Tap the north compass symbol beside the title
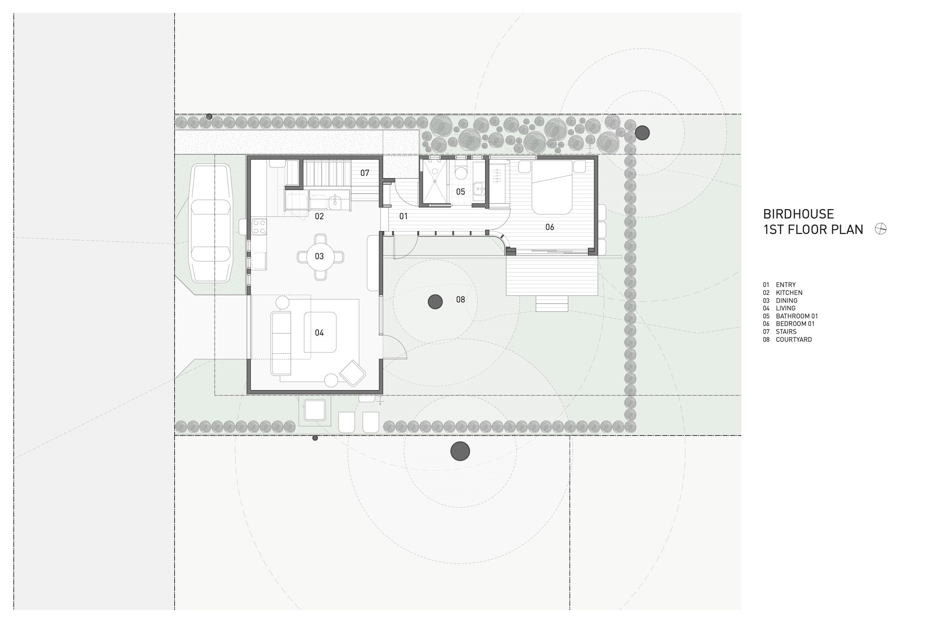click(881, 229)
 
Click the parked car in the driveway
click(211, 223)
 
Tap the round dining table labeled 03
click(320, 257)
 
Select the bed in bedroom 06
click(552, 187)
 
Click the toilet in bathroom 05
click(461, 172)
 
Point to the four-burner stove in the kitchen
click(259, 227)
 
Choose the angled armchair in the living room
click(352, 373)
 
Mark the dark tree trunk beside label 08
click(435, 302)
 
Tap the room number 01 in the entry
click(403, 217)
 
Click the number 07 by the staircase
click(365, 173)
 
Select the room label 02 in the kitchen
click(319, 217)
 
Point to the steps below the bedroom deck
click(552, 304)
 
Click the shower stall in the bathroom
click(435, 181)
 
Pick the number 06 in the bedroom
click(550, 227)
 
